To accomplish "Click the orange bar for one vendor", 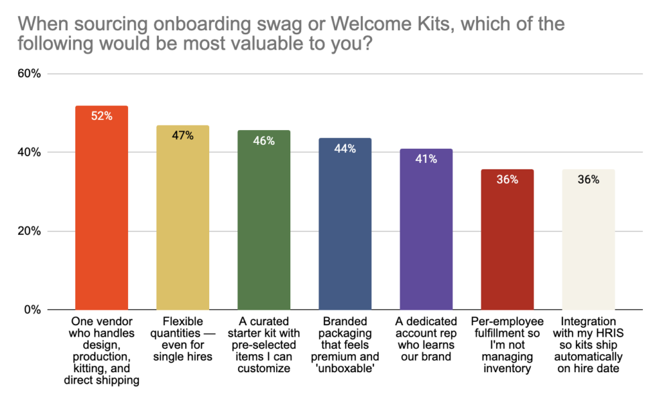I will (102, 212).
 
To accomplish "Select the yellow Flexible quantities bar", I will (183, 222).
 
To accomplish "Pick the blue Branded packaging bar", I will (345, 229).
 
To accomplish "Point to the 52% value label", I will (102, 117).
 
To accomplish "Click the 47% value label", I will (183, 136).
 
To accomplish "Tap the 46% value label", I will (264, 140).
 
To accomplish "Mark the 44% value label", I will (345, 148).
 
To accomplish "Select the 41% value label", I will (426, 159).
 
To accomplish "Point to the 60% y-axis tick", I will (29, 74).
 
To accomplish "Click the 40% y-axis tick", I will (29, 153).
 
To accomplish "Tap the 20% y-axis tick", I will (29, 231).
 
